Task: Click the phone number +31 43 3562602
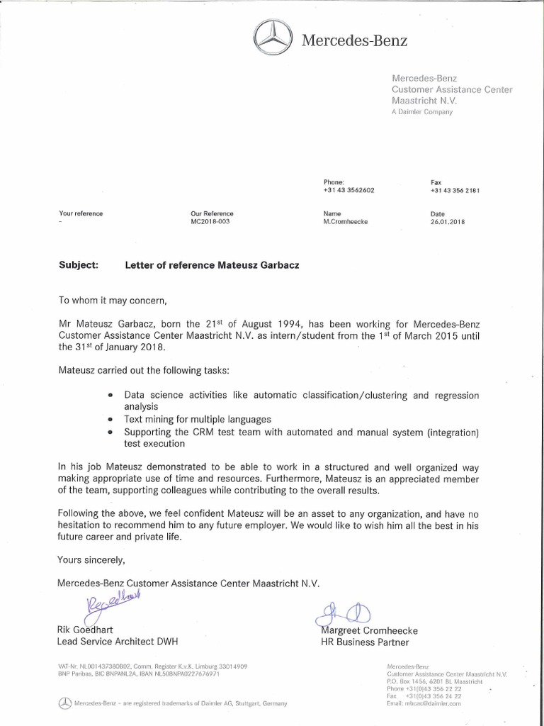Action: pos(348,191)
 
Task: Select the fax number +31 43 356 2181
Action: pos(455,191)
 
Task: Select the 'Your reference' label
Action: pos(81,213)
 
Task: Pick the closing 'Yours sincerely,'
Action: pos(91,559)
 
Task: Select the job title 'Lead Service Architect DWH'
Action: pos(118,642)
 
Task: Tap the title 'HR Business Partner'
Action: pos(365,642)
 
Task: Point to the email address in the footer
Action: pos(424,703)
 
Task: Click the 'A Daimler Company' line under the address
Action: pos(421,112)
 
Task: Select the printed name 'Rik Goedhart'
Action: pos(84,630)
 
